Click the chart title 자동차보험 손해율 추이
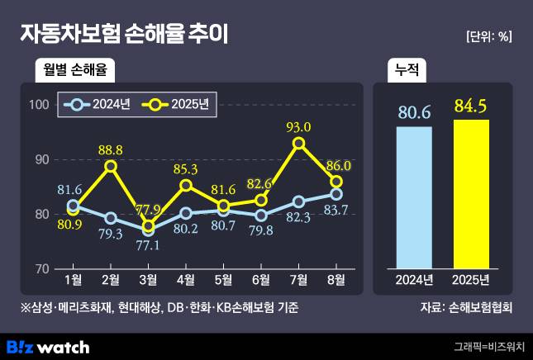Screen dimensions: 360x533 [x=124, y=34]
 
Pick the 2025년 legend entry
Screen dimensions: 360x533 [x=177, y=105]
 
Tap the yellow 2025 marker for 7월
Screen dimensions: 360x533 [x=299, y=143]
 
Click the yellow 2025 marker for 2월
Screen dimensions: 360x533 [x=111, y=166]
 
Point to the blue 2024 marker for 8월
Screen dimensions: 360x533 [x=336, y=194]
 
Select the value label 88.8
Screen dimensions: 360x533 [x=110, y=149]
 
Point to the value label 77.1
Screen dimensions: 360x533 [x=150, y=245]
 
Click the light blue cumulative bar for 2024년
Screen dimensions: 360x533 [x=414, y=198]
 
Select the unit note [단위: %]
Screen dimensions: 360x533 [x=489, y=36]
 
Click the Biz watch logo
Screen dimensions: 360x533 [x=47, y=346]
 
